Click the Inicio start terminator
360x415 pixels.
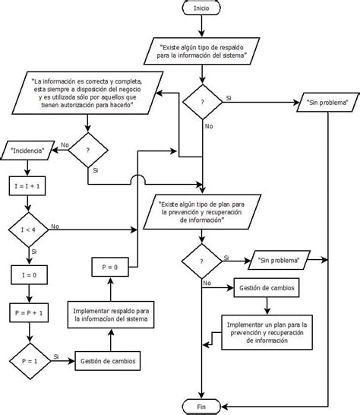click(201, 8)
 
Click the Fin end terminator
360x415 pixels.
click(201, 407)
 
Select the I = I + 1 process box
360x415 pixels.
click(27, 185)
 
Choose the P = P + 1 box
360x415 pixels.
click(27, 312)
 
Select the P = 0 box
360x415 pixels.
click(109, 266)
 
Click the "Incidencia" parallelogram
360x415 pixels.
click(29, 150)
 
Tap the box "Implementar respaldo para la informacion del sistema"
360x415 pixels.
click(112, 315)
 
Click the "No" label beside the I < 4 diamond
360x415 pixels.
click(55, 227)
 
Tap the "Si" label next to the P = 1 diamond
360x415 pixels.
click(55, 356)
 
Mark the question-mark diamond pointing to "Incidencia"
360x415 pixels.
click(89, 150)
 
